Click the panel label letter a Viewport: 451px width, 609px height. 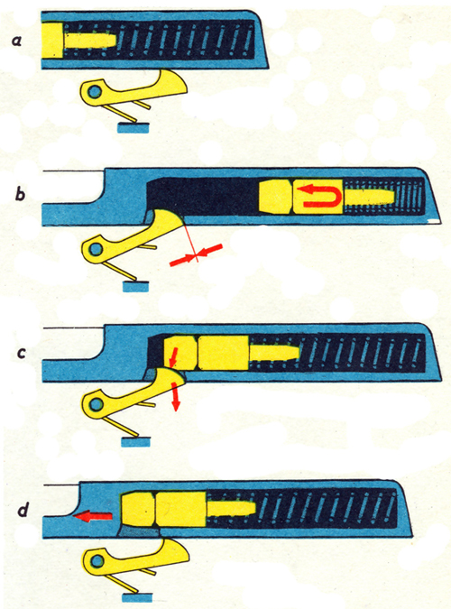16,41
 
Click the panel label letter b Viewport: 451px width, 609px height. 20,193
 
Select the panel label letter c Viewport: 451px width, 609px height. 21,353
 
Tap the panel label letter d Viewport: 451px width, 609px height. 23,509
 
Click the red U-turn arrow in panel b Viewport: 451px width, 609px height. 321,196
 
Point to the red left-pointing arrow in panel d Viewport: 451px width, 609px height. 92,517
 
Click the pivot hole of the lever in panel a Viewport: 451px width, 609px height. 95,92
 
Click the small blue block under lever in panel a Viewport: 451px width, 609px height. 133,128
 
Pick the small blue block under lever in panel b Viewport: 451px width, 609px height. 135,287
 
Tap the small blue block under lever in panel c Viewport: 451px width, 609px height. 135,441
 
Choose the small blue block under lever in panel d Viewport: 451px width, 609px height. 137,598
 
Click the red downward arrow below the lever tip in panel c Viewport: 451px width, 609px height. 175,396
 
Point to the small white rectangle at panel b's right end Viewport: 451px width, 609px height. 434,221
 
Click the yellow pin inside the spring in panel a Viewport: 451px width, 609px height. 89,41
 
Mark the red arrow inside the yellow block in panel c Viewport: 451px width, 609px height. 173,357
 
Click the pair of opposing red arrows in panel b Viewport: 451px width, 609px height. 197,255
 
